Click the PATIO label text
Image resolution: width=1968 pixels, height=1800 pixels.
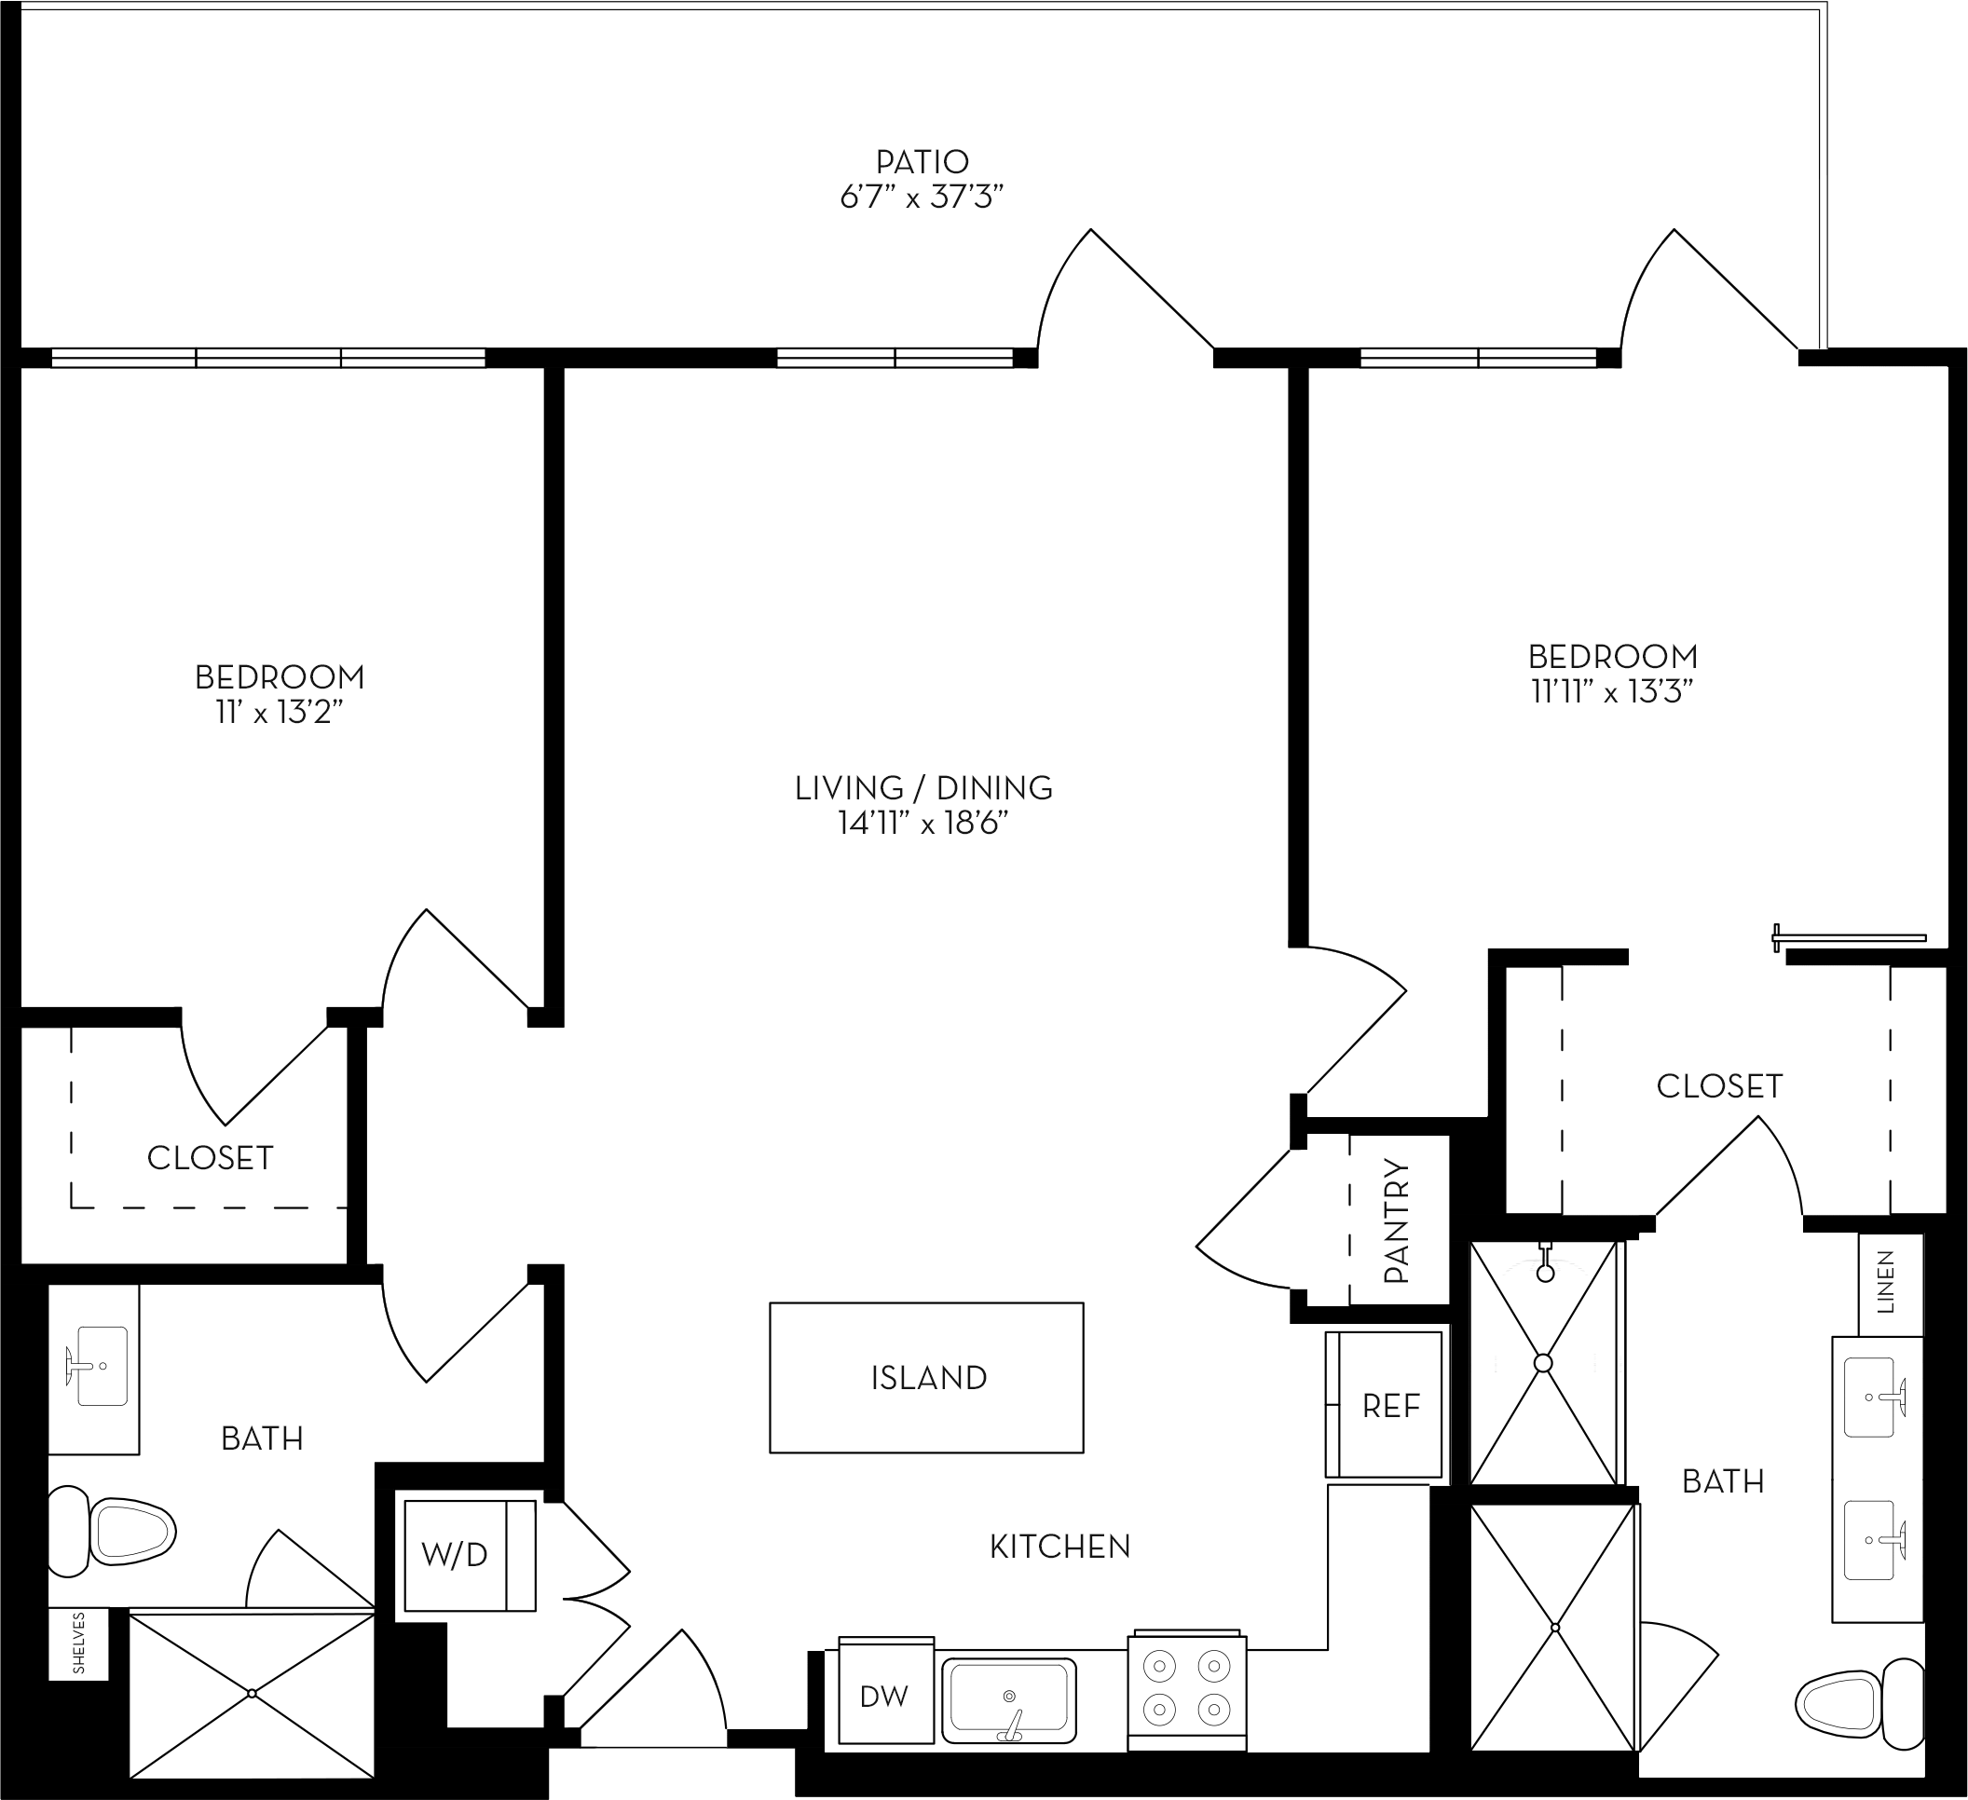922,161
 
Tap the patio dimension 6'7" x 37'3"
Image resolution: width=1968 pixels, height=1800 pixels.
922,198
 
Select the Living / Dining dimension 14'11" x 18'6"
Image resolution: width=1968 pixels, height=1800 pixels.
922,825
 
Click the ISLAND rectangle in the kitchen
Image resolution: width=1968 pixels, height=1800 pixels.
926,1377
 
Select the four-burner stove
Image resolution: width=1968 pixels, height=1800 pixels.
1186,1692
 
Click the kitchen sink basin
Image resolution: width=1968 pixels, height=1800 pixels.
1008,1699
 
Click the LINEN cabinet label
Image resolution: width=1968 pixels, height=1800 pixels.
1885,1283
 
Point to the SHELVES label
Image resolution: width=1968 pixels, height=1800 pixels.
79,1643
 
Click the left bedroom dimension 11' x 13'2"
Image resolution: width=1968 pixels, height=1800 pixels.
280,714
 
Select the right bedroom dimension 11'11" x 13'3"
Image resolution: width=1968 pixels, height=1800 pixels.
1612,692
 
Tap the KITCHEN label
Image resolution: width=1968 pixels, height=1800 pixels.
1059,1547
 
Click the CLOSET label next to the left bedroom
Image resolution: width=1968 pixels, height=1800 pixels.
210,1158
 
